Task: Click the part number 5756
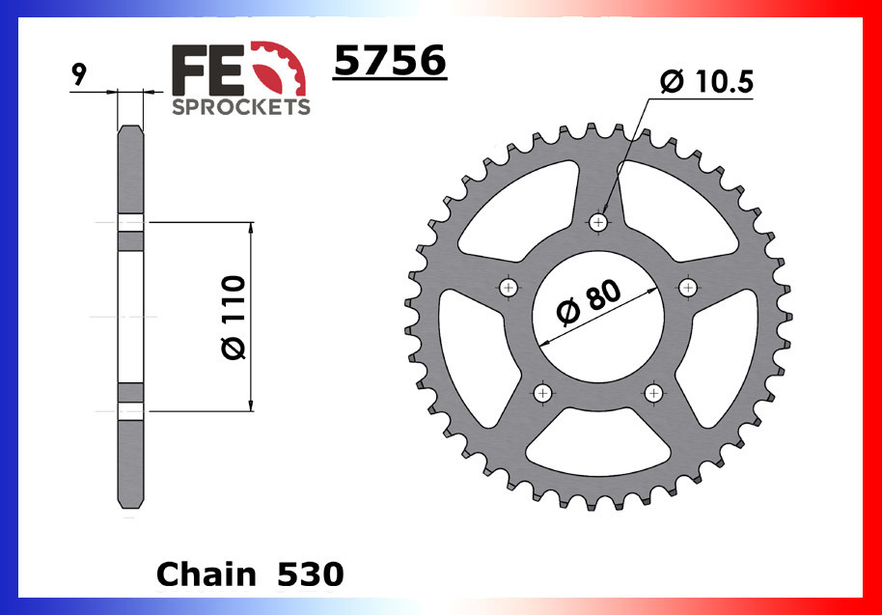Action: point(389,62)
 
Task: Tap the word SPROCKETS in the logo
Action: point(241,106)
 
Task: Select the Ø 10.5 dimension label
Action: point(706,82)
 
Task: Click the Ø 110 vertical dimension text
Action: point(234,318)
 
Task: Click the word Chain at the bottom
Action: point(206,574)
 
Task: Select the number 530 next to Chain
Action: point(310,574)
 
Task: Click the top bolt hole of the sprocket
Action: point(599,223)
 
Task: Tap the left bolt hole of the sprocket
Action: point(510,287)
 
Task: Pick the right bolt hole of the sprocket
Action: point(689,287)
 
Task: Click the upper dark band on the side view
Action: point(130,238)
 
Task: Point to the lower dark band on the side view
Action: point(130,392)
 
